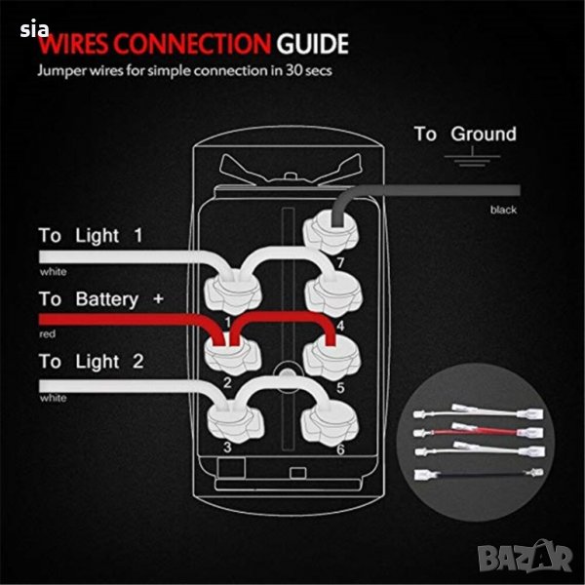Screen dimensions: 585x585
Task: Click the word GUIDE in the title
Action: pyautogui.click(x=312, y=44)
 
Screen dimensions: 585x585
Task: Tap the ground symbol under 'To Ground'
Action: pyautogui.click(x=472, y=156)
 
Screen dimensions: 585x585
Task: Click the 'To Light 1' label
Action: pyautogui.click(x=91, y=236)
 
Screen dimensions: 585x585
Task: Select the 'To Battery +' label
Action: pyautogui.click(x=101, y=299)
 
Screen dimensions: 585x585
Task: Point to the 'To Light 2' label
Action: pyautogui.click(x=91, y=362)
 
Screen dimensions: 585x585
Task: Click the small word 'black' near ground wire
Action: pyautogui.click(x=503, y=210)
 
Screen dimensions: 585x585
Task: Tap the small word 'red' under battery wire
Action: pyautogui.click(x=48, y=333)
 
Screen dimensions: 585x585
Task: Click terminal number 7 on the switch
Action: pyautogui.click(x=340, y=262)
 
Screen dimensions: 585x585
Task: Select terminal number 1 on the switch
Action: pyautogui.click(x=227, y=322)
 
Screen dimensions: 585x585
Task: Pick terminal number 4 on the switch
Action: pyautogui.click(x=340, y=326)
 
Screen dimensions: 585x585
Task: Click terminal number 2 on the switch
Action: pyautogui.click(x=227, y=383)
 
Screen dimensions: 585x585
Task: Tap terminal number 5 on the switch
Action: pyautogui.click(x=340, y=388)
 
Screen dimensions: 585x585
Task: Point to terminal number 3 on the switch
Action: pyautogui.click(x=227, y=447)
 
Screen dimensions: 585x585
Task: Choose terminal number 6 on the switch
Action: pyautogui.click(x=340, y=449)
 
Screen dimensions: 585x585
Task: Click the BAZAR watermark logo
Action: pyautogui.click(x=525, y=557)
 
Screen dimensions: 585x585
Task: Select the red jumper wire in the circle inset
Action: pyautogui.click(x=479, y=431)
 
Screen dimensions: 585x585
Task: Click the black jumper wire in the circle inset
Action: pyautogui.click(x=479, y=475)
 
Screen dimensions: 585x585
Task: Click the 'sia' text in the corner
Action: pyautogui.click(x=34, y=29)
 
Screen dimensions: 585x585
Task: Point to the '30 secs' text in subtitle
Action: pyautogui.click(x=309, y=70)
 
